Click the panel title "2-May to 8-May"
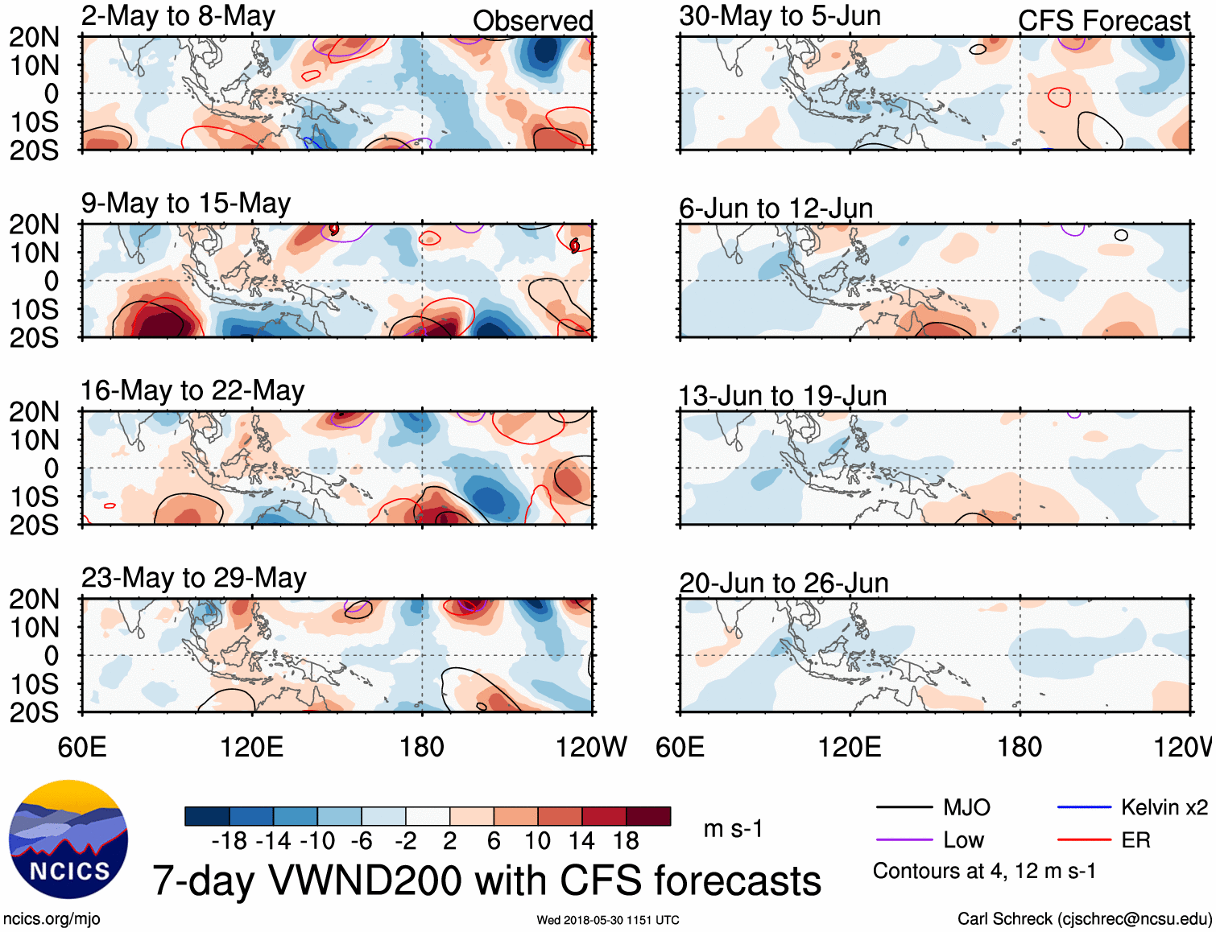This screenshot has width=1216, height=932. point(178,16)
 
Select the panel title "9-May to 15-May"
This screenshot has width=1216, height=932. point(186,204)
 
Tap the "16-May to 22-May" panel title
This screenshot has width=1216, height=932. point(192,391)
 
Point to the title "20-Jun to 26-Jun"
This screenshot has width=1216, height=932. point(784,583)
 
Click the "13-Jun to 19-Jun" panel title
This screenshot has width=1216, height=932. point(782,396)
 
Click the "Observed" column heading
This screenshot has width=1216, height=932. point(532,21)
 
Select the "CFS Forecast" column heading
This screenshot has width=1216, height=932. point(1103,21)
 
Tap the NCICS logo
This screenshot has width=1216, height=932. point(68,839)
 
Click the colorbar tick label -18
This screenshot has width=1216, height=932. point(230,841)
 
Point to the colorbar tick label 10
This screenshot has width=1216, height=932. point(537,841)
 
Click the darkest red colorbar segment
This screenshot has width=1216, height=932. point(648,816)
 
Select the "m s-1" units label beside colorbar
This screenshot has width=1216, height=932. point(733,828)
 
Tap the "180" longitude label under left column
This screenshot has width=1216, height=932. point(422,747)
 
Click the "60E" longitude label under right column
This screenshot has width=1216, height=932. point(680,747)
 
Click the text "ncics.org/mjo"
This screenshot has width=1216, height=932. point(52,919)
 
